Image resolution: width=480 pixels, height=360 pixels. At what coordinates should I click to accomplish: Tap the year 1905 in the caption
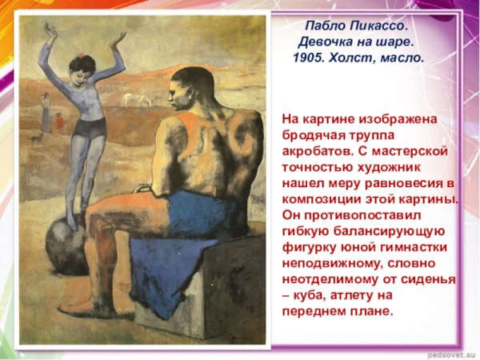tap(309, 58)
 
